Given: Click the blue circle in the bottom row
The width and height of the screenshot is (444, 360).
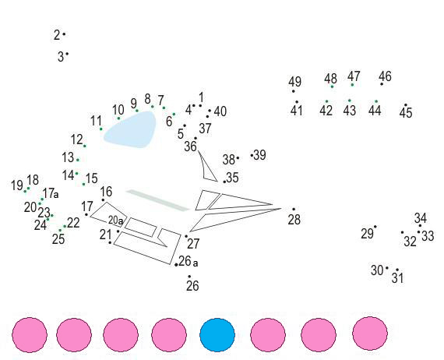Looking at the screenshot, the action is (217, 335).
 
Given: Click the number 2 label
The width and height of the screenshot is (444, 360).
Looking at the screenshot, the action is (57, 35).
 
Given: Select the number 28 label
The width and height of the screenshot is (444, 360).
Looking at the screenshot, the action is (294, 220).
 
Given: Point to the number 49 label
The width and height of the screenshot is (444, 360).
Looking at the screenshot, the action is (294, 82).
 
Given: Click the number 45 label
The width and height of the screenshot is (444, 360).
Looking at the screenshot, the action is (406, 113).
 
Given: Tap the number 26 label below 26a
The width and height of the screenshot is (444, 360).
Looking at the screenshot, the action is (192, 286).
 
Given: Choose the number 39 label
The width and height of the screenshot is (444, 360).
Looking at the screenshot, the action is (260, 155).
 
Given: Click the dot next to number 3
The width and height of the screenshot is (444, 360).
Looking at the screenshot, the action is (67, 54).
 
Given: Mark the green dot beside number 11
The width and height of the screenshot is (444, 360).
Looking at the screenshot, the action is (101, 129).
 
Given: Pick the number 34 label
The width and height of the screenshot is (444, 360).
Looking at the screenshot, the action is (421, 218).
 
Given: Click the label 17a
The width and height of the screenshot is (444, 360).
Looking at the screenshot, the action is (51, 193).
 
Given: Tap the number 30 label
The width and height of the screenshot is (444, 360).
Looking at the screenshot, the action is (377, 270).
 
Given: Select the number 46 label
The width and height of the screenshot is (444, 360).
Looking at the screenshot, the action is (385, 76).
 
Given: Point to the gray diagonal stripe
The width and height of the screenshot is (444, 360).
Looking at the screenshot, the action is (157, 200).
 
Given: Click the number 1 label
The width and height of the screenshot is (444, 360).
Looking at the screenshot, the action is (201, 97).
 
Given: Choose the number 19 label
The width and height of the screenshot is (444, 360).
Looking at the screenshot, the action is (17, 185).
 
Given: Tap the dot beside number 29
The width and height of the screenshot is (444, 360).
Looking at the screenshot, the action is (375, 227).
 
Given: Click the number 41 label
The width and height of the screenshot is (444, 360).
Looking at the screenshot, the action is (297, 110).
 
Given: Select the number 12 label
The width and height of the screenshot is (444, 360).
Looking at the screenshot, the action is (77, 139).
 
